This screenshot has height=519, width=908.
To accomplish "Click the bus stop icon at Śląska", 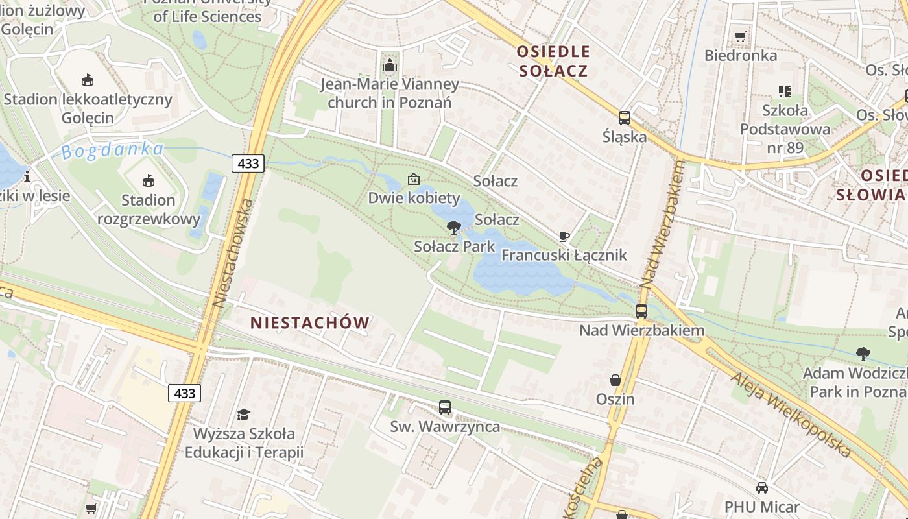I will click(x=625, y=118).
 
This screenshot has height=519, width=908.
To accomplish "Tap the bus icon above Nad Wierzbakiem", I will click(x=641, y=311).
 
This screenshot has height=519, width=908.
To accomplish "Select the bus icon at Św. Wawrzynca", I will click(x=445, y=407).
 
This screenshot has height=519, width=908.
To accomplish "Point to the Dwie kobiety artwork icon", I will click(x=413, y=179).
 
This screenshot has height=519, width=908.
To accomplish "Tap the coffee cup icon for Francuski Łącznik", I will click(x=564, y=236).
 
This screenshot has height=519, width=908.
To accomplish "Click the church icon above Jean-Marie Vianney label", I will click(x=390, y=65).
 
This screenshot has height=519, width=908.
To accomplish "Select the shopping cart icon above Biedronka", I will click(x=740, y=36).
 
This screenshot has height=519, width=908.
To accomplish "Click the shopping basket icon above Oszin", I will click(x=615, y=380).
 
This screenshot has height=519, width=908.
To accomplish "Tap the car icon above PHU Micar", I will click(x=762, y=488).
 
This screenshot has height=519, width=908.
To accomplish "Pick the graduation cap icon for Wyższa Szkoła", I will click(x=243, y=414).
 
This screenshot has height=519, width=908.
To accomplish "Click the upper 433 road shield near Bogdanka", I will click(x=248, y=163).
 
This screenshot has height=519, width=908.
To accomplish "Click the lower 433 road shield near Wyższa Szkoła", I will click(x=184, y=392).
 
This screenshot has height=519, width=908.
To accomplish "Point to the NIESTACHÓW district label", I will click(x=310, y=322).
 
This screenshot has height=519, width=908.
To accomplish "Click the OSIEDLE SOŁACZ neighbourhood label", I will click(x=553, y=61).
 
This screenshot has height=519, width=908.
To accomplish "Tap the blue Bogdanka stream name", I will click(x=113, y=151).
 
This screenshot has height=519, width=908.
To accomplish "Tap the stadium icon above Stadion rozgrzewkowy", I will click(x=149, y=180).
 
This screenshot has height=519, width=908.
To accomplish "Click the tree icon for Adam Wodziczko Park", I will click(x=863, y=354).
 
